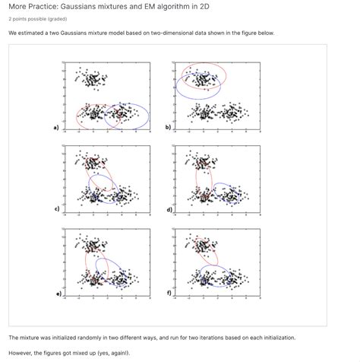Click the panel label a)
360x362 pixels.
[55, 128]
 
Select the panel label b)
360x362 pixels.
[168, 128]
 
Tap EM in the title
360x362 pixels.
[161, 6]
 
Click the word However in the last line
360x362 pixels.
[22, 352]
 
